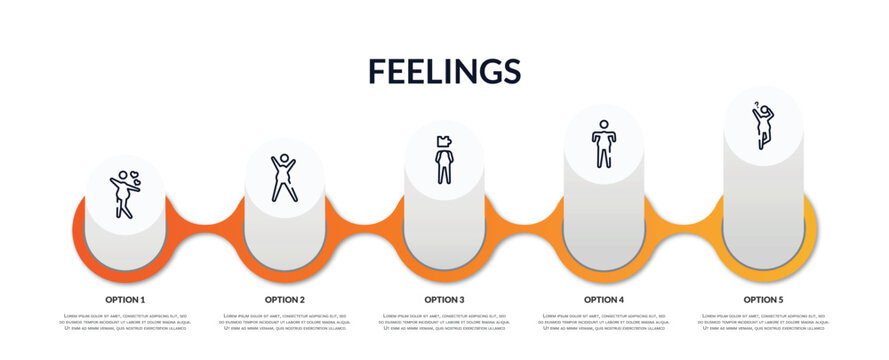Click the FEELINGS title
[x=444, y=71]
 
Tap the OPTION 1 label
[x=125, y=299]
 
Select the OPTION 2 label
[x=285, y=299]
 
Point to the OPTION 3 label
[x=444, y=299]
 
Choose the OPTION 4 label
[x=604, y=299]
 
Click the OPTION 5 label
[x=763, y=299]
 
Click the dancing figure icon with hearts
[x=125, y=193]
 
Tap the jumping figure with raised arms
[x=284, y=177]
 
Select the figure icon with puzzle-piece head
[x=444, y=159]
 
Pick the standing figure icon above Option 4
[x=604, y=143]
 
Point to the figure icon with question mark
[x=762, y=125]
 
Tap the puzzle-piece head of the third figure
[x=444, y=141]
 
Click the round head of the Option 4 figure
[x=604, y=125]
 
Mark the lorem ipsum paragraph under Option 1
[x=125, y=323]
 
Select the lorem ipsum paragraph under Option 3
[x=444, y=323]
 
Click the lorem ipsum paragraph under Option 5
[x=763, y=323]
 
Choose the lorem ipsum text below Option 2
[x=285, y=323]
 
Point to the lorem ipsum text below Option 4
[x=604, y=323]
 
